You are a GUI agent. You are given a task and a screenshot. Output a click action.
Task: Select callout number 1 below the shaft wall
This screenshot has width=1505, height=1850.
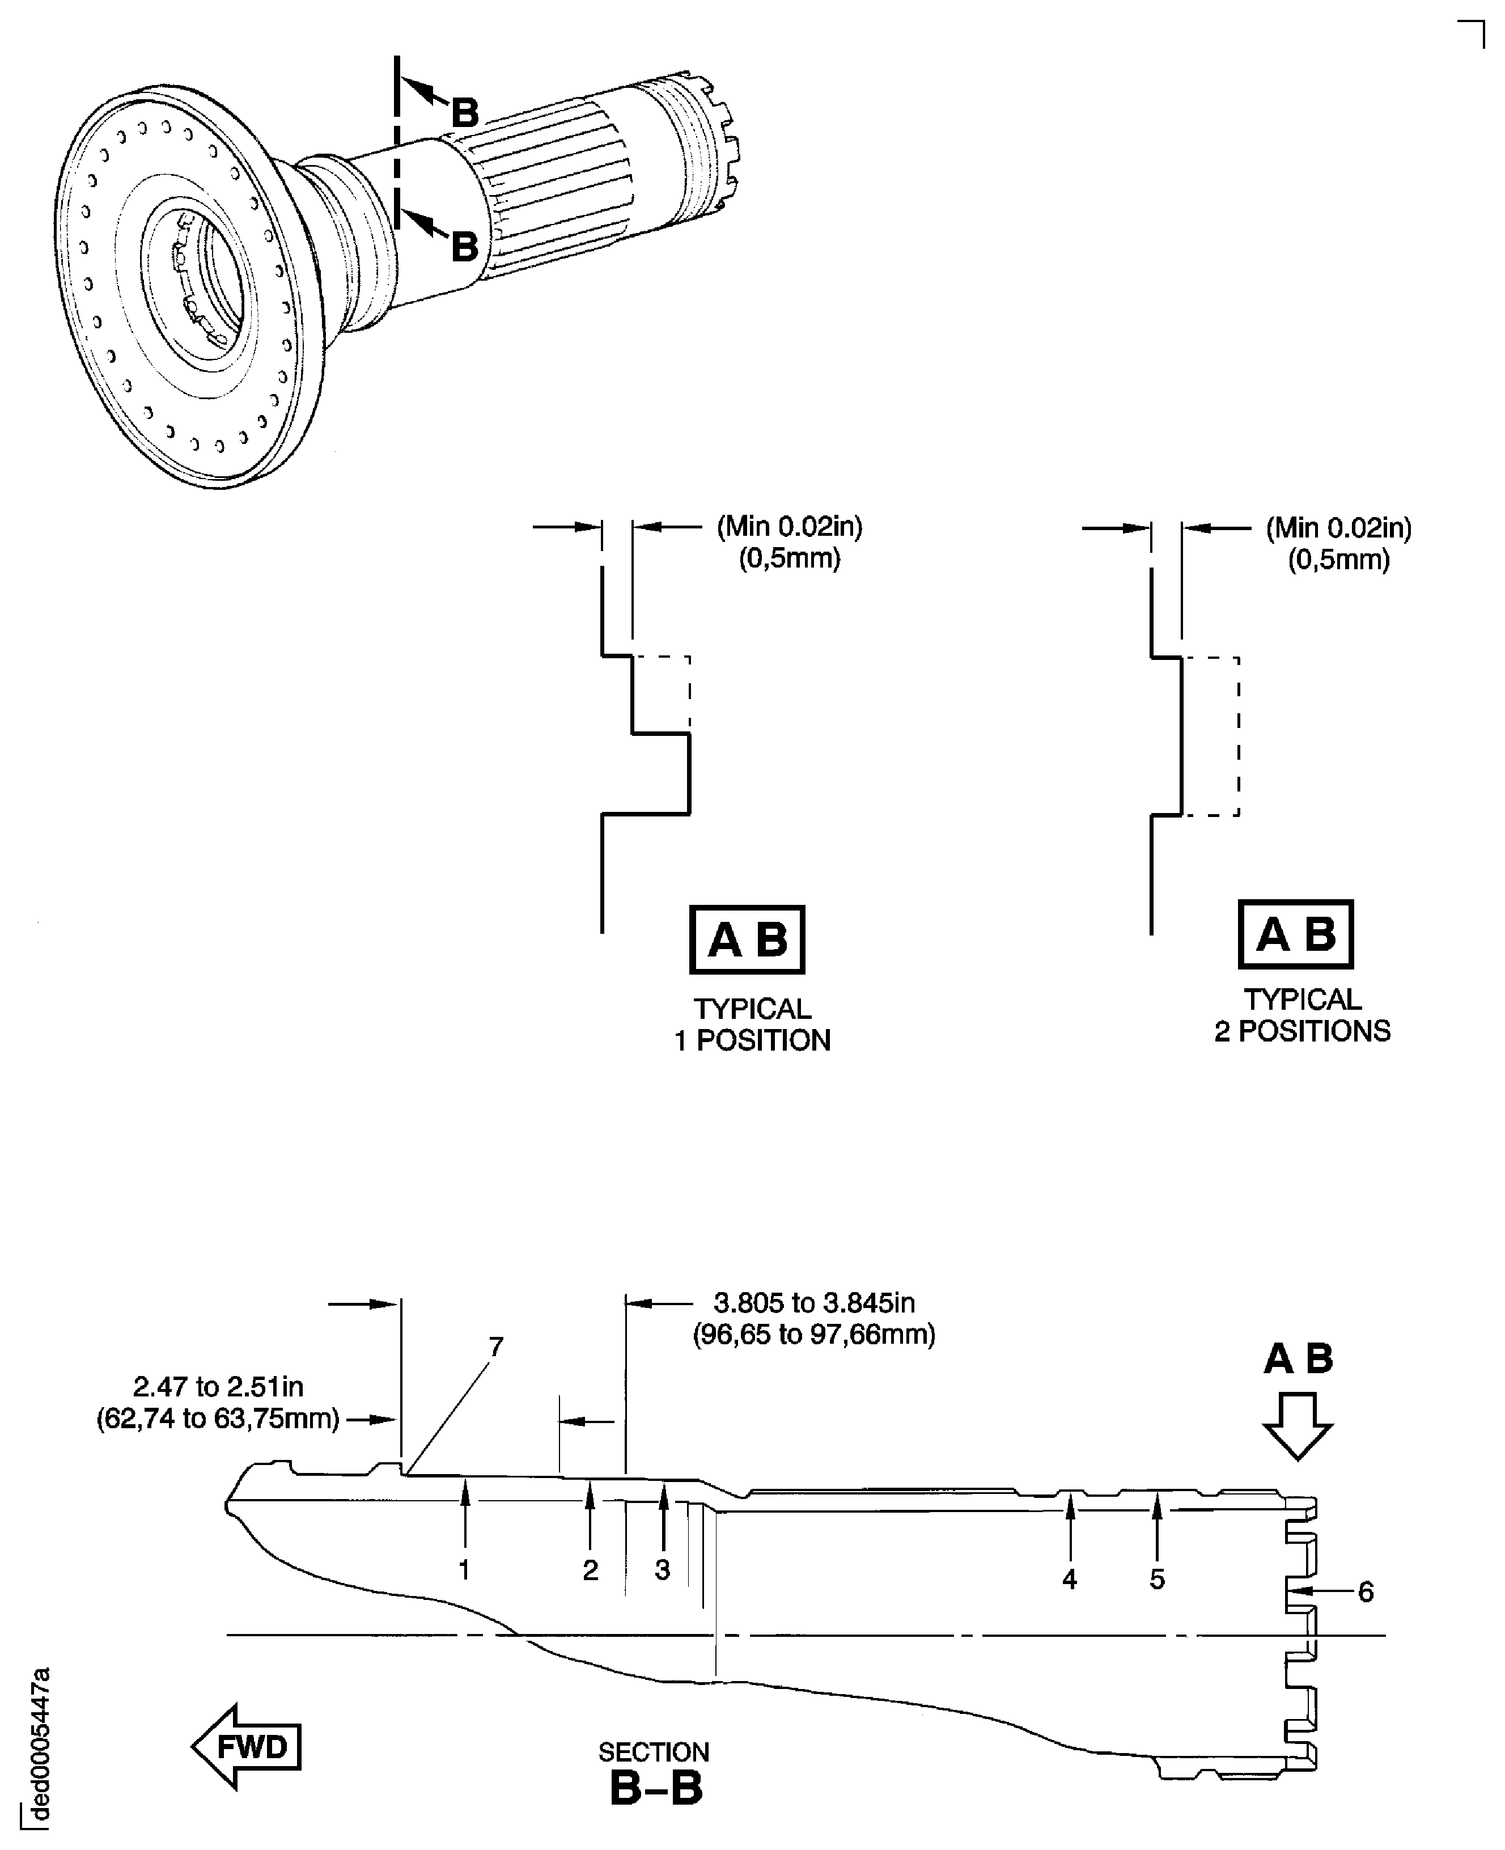click(x=465, y=1569)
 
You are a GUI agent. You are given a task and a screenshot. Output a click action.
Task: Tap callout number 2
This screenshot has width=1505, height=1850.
click(x=591, y=1569)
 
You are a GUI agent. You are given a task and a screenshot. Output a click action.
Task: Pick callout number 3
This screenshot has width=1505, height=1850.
click(x=662, y=1569)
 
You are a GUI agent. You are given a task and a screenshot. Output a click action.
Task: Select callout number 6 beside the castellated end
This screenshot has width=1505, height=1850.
click(x=1366, y=1591)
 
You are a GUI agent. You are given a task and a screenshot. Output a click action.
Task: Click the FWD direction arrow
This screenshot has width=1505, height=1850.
click(x=246, y=1746)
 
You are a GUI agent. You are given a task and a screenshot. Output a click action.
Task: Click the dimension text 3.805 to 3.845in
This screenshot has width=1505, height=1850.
click(x=813, y=1302)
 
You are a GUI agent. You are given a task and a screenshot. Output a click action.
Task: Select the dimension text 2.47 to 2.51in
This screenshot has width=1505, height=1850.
click(x=218, y=1387)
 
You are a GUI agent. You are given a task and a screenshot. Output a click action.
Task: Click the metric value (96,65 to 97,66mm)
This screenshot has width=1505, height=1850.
click(x=813, y=1333)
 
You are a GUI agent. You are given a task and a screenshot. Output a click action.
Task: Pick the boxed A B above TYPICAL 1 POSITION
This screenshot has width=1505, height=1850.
click(x=747, y=939)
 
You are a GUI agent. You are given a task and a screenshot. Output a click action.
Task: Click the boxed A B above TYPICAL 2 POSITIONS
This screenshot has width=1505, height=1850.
click(x=1295, y=934)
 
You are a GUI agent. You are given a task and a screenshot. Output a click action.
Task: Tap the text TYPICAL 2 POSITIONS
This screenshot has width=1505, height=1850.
click(x=1301, y=1015)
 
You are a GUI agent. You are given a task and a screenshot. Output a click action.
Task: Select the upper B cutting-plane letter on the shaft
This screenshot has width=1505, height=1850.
click(x=465, y=112)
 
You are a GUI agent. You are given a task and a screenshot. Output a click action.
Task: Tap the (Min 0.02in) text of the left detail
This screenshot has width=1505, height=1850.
click(x=789, y=526)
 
